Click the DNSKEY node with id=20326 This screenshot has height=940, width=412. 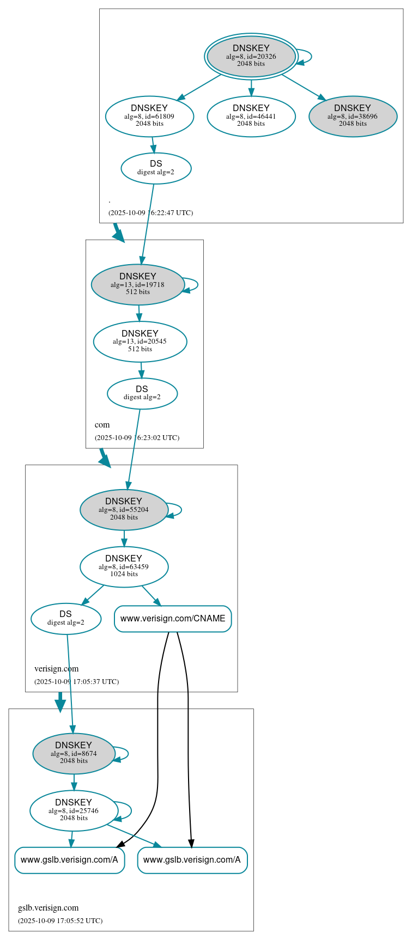coord(251,56)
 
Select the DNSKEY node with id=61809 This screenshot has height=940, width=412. coord(149,116)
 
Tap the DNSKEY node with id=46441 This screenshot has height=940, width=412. coord(251,116)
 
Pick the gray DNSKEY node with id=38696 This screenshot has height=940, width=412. coord(353,116)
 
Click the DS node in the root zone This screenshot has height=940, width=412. coord(156,168)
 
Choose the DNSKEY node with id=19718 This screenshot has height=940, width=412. coord(138,284)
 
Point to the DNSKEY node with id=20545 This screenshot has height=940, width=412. coord(140,341)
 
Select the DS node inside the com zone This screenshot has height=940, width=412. coord(142,393)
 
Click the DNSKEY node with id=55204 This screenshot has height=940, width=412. coord(124,510)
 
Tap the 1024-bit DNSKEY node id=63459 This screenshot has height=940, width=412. coord(124,567)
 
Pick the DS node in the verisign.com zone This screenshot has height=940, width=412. coord(66,619)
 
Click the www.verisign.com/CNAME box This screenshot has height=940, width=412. coord(173,619)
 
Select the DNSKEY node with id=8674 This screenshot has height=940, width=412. coord(74,754)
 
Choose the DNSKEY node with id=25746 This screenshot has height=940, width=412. coord(74,811)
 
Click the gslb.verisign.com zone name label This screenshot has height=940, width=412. coord(49,908)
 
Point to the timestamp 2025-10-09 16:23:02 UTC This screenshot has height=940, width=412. coord(137,437)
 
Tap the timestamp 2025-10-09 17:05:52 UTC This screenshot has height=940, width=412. coord(60,921)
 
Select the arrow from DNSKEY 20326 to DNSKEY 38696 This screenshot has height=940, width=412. coord(303,87)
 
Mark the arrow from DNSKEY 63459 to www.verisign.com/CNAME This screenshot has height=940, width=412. coord(151,595)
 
